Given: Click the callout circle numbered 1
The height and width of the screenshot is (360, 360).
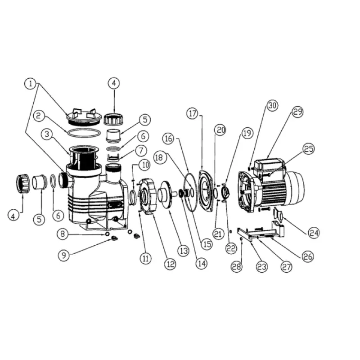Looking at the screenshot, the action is tap(31, 84).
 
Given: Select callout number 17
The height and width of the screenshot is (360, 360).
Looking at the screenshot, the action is tap(193, 113).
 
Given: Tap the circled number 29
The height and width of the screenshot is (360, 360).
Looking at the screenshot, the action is tap(297, 112).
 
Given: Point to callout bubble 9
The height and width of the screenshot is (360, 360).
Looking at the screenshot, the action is tap(63, 255).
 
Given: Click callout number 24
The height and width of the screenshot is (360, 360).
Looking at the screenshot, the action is tap(314, 233).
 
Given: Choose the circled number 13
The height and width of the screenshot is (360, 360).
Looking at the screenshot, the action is tap(184, 251).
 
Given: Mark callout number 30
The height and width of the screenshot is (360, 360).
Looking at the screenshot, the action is tap(272, 105).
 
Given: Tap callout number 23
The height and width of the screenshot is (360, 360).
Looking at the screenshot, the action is tap(262, 267).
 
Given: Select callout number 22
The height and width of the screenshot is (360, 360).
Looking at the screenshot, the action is tap(231, 248).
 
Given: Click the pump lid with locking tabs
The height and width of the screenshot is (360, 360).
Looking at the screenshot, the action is tap(84, 117).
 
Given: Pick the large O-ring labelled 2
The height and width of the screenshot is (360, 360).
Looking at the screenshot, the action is tap(84, 133).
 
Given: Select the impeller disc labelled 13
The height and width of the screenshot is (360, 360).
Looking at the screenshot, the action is tap(166, 195).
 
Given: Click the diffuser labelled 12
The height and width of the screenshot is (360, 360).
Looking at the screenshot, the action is tap(148, 196).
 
